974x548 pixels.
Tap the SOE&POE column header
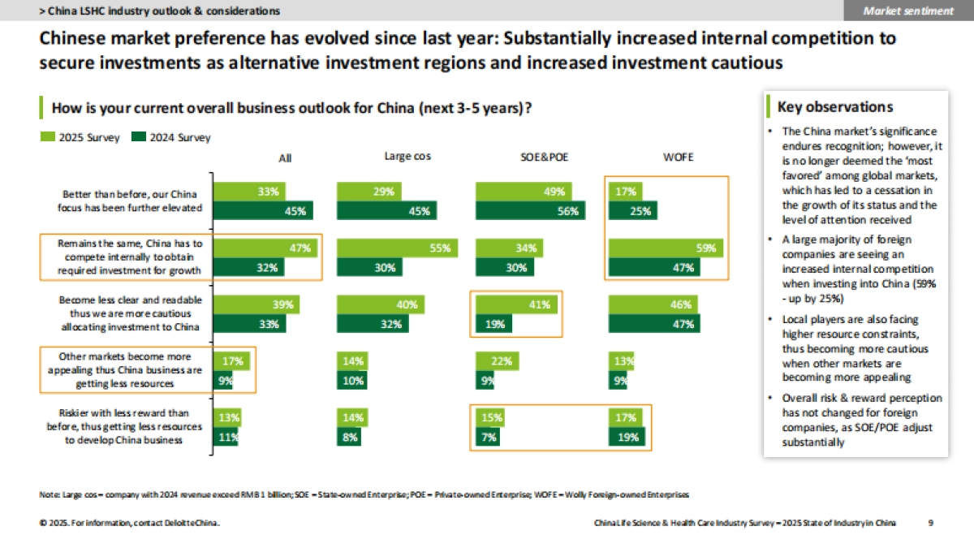click(x=522, y=157)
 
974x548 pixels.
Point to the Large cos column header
click(x=407, y=157)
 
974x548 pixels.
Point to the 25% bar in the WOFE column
click(x=633, y=211)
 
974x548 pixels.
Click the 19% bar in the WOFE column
click(x=628, y=438)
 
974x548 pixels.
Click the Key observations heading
click(x=835, y=107)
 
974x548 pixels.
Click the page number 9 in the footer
click(x=930, y=524)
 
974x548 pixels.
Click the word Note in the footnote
click(x=48, y=494)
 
